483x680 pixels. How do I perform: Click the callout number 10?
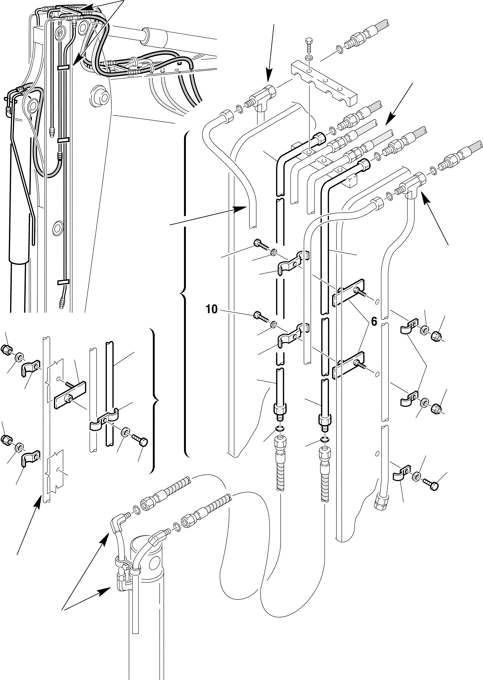211,310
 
